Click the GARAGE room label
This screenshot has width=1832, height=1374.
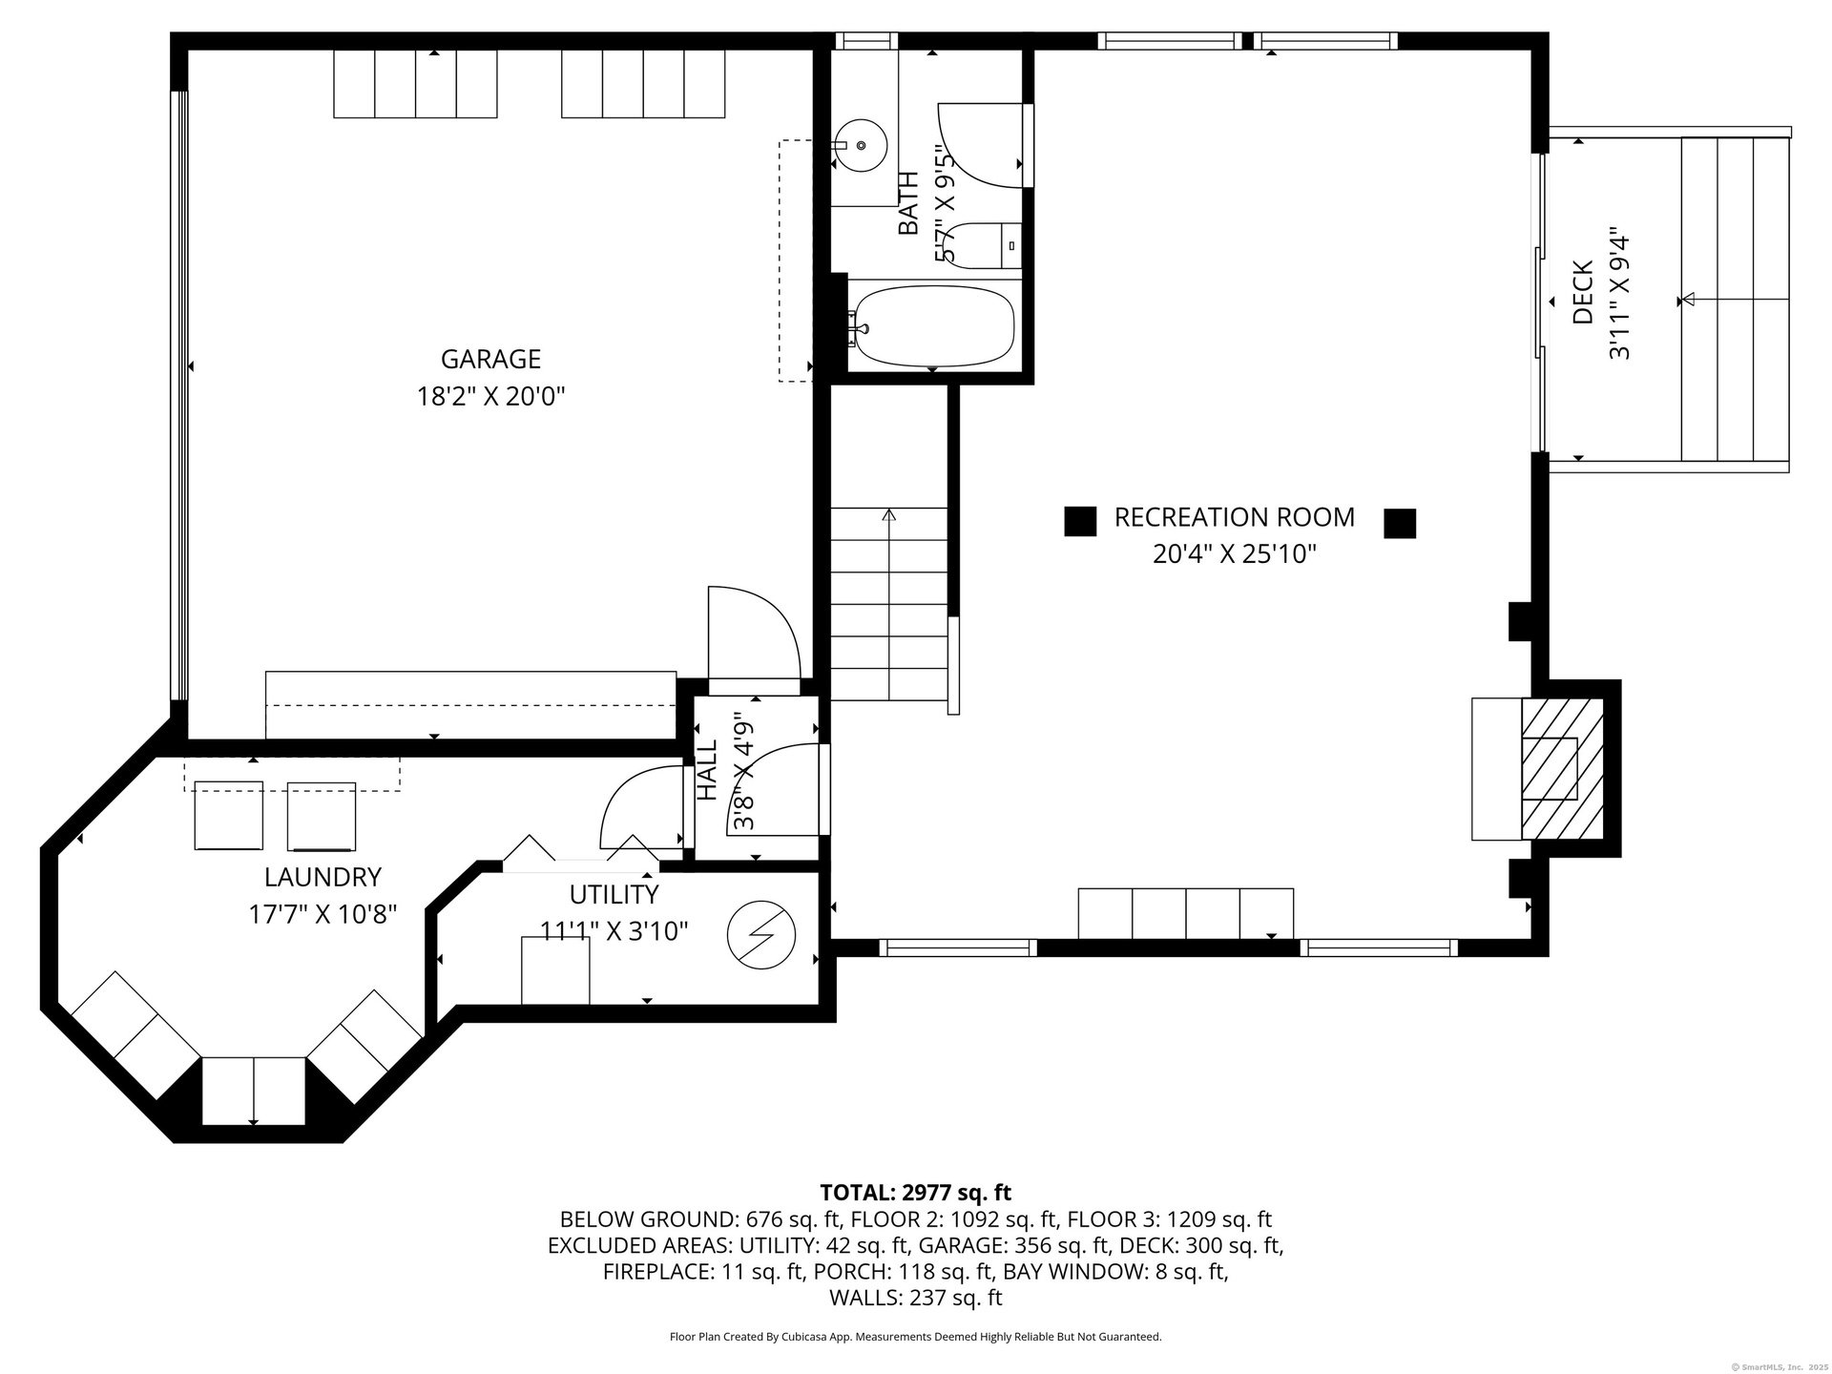coord(490,359)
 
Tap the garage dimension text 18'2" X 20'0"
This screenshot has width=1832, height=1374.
coord(490,396)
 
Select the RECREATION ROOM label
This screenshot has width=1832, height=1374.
coord(1235,517)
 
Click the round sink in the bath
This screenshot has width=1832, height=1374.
coord(860,145)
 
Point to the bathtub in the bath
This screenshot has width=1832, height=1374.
coord(933,327)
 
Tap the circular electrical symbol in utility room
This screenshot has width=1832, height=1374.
coord(761,935)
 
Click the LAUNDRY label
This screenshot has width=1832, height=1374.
coord(323,877)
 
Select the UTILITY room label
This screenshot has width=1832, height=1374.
coord(614,894)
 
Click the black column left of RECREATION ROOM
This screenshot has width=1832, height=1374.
coord(1080,521)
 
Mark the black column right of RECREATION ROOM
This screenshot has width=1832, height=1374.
coord(1400,523)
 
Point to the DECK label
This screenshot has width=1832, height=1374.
coord(1583,293)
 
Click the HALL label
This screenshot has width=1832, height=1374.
coord(707,771)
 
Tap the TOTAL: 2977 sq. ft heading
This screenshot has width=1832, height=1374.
coord(915,1193)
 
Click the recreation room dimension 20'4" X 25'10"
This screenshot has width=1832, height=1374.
coord(1235,554)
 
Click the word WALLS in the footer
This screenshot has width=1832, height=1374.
coord(863,1298)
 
